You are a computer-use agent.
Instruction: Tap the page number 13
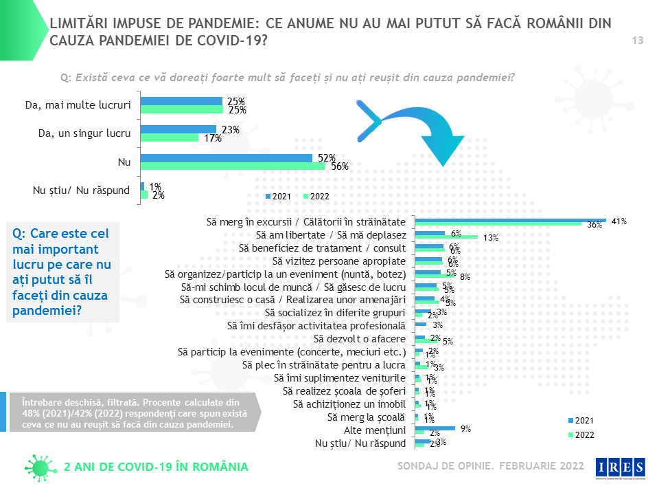click(637, 41)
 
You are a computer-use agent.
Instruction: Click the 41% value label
click(620, 221)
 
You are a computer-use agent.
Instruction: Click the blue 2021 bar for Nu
click(227, 157)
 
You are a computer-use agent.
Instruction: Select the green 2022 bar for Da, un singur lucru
click(170, 137)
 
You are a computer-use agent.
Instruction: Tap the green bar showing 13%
click(447, 237)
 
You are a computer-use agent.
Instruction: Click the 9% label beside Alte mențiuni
click(465, 429)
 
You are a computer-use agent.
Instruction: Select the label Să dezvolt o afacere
click(360, 339)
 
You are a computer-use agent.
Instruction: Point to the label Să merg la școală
click(367, 417)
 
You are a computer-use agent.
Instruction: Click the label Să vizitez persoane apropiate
click(339, 261)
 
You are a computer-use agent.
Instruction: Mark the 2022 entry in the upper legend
click(316, 197)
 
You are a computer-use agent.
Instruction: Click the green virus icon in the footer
click(40, 467)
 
